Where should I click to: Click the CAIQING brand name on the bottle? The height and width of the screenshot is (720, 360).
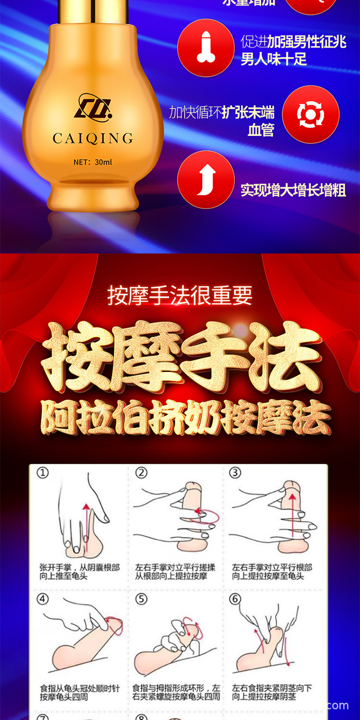[93, 139]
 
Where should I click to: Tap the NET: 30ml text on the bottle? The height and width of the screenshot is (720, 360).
[93, 162]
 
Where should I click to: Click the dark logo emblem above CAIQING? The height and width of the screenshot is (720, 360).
[93, 106]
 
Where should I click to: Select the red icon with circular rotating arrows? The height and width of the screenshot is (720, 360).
[311, 114]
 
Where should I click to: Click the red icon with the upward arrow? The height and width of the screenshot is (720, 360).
[206, 180]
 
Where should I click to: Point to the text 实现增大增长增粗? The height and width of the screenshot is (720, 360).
[293, 190]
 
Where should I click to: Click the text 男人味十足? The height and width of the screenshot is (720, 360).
[274, 60]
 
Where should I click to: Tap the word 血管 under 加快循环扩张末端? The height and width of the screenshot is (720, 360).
[261, 130]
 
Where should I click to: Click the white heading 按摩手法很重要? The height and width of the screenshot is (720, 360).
[180, 295]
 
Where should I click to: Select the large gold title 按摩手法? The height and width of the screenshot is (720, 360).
[180, 358]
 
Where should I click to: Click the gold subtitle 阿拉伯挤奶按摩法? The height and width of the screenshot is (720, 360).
[185, 418]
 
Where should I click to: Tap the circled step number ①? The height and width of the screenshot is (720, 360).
[43, 473]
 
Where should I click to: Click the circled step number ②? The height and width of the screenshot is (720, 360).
[141, 473]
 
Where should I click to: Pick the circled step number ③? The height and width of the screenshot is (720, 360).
[235, 473]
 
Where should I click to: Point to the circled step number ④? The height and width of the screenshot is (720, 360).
[43, 599]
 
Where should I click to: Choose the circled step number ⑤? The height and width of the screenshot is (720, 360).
[141, 599]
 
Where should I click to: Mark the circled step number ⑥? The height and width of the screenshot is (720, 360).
[235, 599]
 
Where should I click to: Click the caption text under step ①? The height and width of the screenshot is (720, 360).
[79, 572]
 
